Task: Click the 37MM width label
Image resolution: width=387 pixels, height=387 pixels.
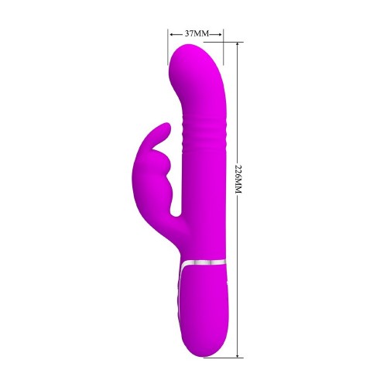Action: tap(195, 34)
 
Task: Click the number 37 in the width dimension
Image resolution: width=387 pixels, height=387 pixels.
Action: tap(190, 34)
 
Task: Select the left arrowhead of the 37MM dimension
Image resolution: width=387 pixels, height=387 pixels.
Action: tap(170, 34)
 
